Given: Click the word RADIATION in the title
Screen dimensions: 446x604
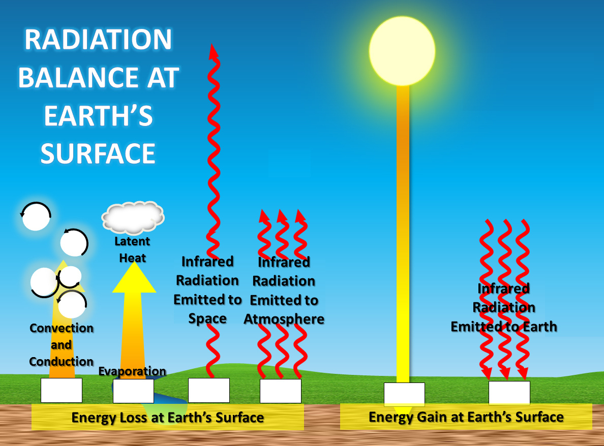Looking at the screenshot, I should pyautogui.click(x=98, y=40).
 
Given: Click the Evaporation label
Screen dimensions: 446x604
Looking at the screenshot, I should pyautogui.click(x=132, y=371).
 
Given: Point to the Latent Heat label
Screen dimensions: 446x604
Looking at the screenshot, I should pyautogui.click(x=132, y=249).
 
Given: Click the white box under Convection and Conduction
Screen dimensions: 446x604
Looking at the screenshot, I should pyautogui.click(x=61, y=390).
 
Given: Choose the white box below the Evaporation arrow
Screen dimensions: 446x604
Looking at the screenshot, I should pyautogui.click(x=133, y=391).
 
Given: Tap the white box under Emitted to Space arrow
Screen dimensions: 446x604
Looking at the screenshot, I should pyautogui.click(x=208, y=390).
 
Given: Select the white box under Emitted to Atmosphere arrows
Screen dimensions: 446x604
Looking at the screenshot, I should pyautogui.click(x=280, y=391).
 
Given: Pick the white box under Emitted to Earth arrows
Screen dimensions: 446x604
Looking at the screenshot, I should pyautogui.click(x=509, y=393).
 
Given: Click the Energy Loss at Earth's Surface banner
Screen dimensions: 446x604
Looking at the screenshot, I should pyautogui.click(x=168, y=418).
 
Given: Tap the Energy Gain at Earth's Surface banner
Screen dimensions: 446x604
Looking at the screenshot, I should pyautogui.click(x=466, y=417).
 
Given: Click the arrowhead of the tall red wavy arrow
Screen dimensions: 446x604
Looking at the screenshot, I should pyautogui.click(x=213, y=51).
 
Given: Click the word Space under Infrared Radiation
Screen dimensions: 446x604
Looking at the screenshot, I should pyautogui.click(x=207, y=318).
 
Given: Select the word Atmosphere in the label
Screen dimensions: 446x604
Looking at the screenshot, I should pyautogui.click(x=284, y=319).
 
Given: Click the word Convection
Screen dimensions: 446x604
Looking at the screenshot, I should pyautogui.click(x=62, y=328).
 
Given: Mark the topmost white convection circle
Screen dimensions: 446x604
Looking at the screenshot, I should pyautogui.click(x=36, y=216).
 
